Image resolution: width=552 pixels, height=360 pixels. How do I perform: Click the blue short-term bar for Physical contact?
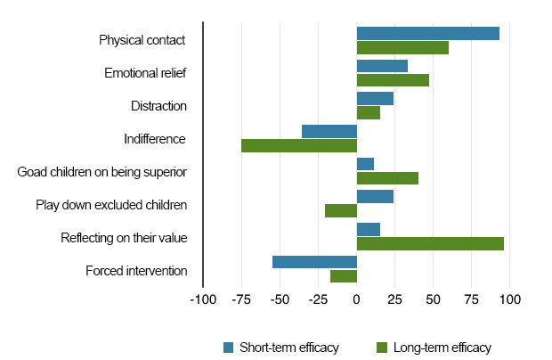pyautogui.click(x=427, y=33)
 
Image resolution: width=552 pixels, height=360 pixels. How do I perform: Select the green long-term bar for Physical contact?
pyautogui.click(x=402, y=47)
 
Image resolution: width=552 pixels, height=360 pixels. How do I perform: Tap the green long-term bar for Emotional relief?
pyautogui.click(x=393, y=80)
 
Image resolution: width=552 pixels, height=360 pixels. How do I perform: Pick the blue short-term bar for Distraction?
pyautogui.click(x=375, y=98)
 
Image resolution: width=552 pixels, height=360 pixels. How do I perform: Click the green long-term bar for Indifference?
pyautogui.click(x=299, y=145)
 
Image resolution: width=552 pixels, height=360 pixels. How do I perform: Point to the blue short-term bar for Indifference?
pyautogui.click(x=329, y=131)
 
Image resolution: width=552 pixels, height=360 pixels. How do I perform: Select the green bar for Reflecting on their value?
pyautogui.click(x=430, y=243)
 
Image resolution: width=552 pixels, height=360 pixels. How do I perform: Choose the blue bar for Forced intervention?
pyautogui.click(x=314, y=262)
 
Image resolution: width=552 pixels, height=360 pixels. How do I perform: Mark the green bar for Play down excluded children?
pyautogui.click(x=341, y=210)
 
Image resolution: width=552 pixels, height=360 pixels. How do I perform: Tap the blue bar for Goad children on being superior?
pyautogui.click(x=365, y=164)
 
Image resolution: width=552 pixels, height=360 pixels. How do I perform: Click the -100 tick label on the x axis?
pyautogui.click(x=203, y=300)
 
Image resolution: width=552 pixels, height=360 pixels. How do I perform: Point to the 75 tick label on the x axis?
pyautogui.click(x=471, y=300)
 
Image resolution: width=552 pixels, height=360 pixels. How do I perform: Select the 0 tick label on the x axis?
pyautogui.click(x=356, y=300)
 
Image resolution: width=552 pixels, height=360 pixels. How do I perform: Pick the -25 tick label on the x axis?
pyautogui.click(x=318, y=300)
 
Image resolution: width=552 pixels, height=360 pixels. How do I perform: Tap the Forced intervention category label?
pyautogui.click(x=136, y=271)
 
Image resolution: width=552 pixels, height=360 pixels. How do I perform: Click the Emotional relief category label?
pyautogui.click(x=145, y=73)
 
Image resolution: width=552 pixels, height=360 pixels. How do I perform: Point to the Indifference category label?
pyautogui.click(x=155, y=139)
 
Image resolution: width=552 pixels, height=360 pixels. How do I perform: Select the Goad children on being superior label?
pyautogui.click(x=102, y=172)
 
